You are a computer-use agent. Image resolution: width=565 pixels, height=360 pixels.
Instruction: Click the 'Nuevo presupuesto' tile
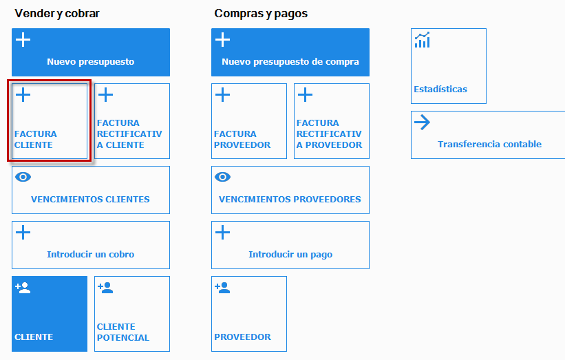click(x=91, y=52)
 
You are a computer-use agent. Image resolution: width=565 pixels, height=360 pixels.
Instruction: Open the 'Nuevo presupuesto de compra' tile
click(x=290, y=52)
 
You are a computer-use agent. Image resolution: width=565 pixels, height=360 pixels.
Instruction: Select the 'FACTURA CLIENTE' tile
click(x=50, y=121)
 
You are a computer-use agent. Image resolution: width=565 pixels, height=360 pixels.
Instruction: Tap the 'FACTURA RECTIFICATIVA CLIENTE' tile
click(x=132, y=121)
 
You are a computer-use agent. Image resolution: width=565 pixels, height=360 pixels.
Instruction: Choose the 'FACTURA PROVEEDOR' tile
click(x=249, y=121)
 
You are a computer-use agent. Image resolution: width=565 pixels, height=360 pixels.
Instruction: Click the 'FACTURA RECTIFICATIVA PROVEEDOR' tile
click(x=332, y=121)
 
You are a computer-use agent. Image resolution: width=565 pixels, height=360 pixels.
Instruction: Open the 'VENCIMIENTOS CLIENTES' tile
click(x=91, y=190)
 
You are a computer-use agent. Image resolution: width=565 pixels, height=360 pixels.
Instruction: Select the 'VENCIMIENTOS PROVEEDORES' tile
click(x=290, y=190)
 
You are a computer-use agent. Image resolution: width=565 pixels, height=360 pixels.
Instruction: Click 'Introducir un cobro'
click(x=91, y=245)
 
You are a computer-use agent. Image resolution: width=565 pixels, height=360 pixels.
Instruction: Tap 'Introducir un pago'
click(x=290, y=245)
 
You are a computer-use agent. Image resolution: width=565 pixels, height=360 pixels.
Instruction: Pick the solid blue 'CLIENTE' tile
click(x=50, y=314)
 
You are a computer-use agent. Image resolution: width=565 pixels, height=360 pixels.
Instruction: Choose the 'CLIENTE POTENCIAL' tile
click(x=132, y=314)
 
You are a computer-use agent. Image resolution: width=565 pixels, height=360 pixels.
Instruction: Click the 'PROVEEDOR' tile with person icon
click(x=249, y=314)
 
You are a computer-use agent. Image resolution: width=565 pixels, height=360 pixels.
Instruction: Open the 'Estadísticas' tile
click(x=449, y=66)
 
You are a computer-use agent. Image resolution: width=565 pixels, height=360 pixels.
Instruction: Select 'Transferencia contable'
click(x=488, y=135)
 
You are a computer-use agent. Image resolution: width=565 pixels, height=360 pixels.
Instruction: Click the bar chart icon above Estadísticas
click(x=423, y=40)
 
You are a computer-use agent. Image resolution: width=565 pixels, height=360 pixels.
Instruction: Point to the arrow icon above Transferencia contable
click(x=422, y=123)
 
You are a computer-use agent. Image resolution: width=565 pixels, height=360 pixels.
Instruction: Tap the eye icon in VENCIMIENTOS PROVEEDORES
click(x=223, y=177)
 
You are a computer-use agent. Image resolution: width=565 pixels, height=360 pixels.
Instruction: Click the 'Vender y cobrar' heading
click(x=57, y=13)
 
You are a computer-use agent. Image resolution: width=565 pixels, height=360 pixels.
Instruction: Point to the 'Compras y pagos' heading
click(x=261, y=13)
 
